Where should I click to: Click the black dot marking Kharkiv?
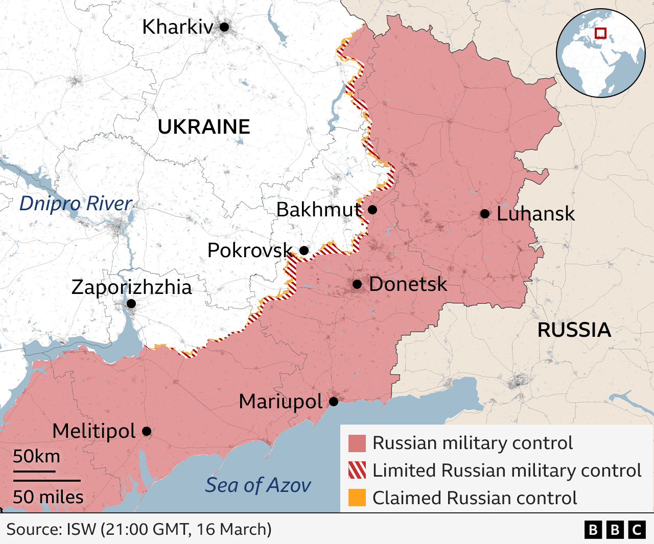tap(224, 27)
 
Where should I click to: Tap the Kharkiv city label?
tap(177, 27)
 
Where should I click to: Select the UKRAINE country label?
tap(204, 127)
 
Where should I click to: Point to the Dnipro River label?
tap(76, 203)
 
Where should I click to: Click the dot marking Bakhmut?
tap(372, 210)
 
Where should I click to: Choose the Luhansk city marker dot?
tap(485, 214)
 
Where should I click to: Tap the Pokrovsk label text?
tap(250, 250)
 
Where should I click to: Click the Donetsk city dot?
tap(357, 284)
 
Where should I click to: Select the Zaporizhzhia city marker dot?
tap(131, 304)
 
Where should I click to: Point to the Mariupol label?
tap(281, 402)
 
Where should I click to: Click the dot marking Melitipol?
tap(147, 431)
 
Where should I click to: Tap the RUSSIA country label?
tap(574, 330)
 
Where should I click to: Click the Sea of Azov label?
tap(258, 485)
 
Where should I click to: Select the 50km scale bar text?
tap(36, 456)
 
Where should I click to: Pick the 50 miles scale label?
tap(48, 497)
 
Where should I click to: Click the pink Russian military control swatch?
tap(357, 443)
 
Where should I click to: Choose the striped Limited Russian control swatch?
tap(357, 470)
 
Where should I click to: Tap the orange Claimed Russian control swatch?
tap(357, 498)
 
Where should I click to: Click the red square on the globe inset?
tap(601, 33)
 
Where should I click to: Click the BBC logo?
tap(615, 530)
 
